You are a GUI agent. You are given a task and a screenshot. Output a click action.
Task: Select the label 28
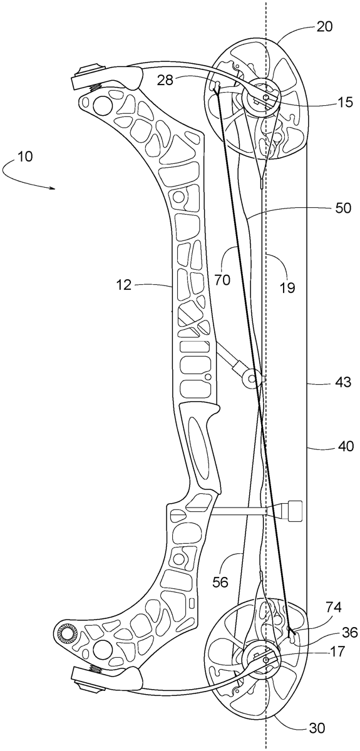166,81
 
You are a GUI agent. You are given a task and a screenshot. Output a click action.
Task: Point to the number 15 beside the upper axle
344,102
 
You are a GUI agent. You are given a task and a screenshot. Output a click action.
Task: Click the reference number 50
342,208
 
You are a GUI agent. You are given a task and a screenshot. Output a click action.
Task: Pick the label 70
222,280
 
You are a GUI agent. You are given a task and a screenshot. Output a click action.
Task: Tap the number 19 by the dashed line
287,287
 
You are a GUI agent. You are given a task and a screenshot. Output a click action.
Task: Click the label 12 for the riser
124,285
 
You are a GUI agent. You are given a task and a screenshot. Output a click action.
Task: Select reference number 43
342,382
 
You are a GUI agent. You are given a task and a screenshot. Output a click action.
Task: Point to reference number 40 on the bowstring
345,446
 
